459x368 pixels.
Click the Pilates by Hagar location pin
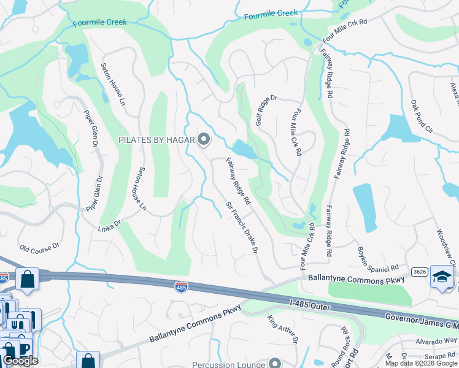pos(204,140)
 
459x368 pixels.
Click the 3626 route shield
pos(420,270)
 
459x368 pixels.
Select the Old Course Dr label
pos(39,247)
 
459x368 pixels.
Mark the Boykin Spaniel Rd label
pos(378,260)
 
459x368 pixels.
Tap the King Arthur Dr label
pos(282,330)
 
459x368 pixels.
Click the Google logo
pos(20,361)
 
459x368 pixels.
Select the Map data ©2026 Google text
pos(420,363)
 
